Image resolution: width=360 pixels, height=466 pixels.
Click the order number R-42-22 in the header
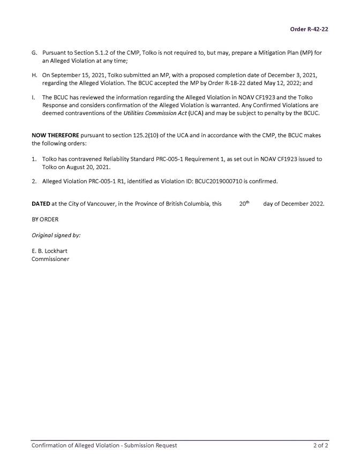click(309, 29)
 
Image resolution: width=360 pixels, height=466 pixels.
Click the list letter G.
click(34, 53)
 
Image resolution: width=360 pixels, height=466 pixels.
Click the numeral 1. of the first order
click(34, 159)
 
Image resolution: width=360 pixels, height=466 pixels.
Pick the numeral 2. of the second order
click(34, 182)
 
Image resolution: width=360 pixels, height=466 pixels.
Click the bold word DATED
click(41, 204)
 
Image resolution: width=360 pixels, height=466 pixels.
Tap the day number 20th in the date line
click(244, 204)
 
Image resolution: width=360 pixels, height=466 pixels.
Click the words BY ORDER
click(45, 220)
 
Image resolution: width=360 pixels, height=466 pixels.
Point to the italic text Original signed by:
click(56, 235)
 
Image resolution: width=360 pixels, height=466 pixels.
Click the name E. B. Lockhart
click(50, 251)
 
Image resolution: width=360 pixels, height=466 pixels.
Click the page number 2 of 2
click(321, 445)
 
